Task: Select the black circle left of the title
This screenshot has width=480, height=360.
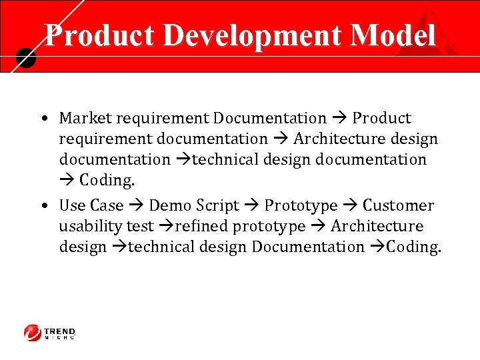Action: point(25,59)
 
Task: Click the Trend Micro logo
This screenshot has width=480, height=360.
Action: point(51,332)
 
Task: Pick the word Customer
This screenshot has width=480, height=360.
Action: point(398,205)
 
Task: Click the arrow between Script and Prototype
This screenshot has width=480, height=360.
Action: point(251,205)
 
